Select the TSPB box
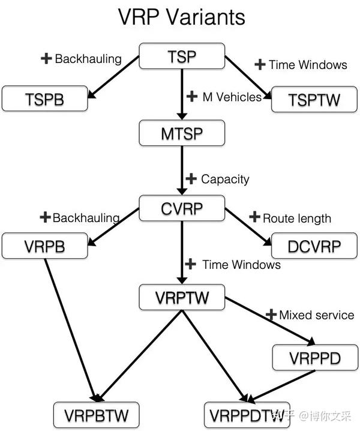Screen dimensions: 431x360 [x=44, y=99]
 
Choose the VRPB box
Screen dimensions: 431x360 [x=44, y=247]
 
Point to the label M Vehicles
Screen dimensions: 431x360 [x=232, y=97]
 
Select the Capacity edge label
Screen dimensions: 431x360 [x=224, y=179]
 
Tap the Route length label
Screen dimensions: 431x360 [x=296, y=218]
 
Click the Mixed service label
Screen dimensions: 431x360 [x=316, y=315]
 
